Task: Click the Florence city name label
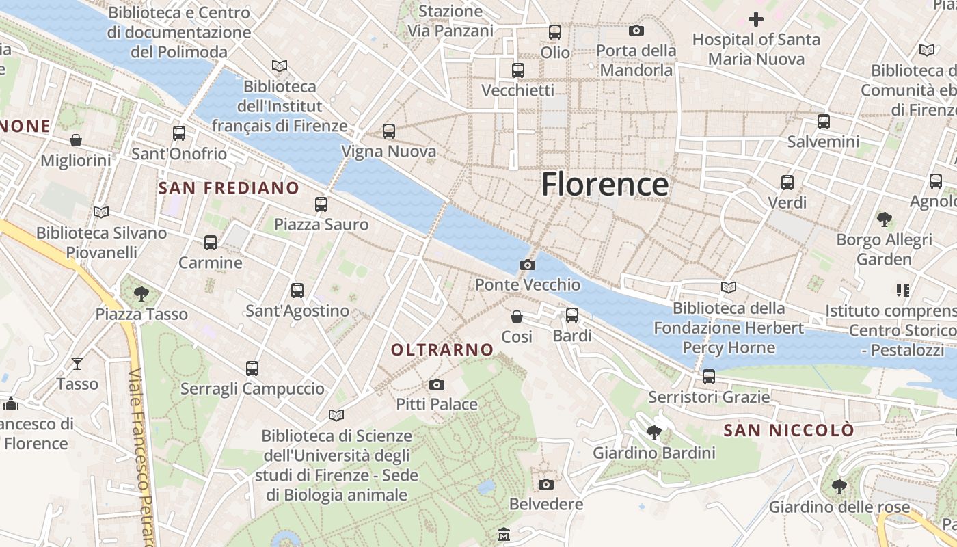[605, 185]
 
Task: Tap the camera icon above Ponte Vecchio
[528, 265]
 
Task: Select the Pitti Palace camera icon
[437, 385]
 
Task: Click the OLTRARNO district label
[442, 349]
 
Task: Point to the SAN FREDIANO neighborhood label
[229, 188]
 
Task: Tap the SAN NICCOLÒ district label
[789, 430]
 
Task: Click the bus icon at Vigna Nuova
[389, 131]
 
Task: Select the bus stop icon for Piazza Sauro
[321, 204]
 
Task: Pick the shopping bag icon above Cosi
[517, 317]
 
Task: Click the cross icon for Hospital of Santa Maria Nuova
[756, 19]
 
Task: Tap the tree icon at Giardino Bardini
[654, 432]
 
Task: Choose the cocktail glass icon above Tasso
[77, 363]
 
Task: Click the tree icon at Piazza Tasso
[141, 294]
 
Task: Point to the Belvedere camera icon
[545, 484]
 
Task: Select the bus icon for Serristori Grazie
[709, 376]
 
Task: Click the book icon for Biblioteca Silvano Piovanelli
[101, 212]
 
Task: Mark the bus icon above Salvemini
[824, 122]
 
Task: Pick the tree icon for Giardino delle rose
[839, 487]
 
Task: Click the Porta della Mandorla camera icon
[636, 30]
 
